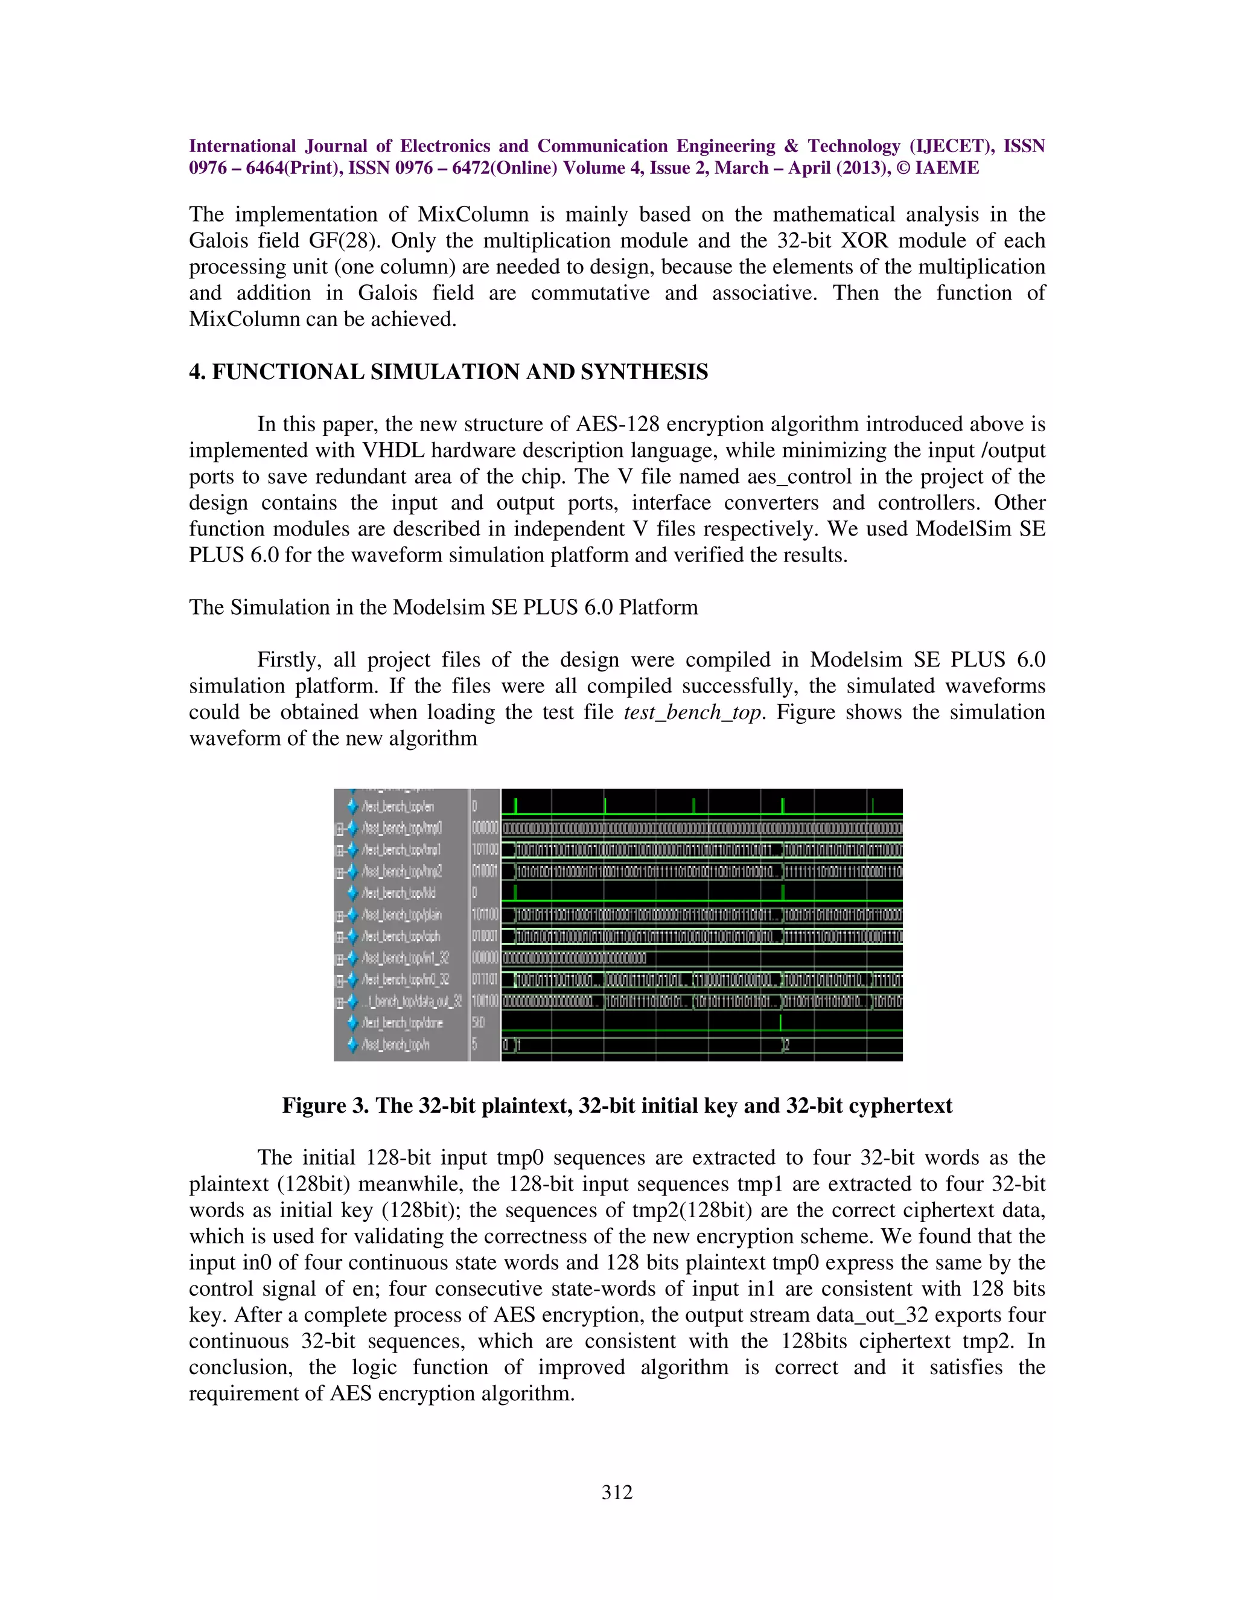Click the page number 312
617,1493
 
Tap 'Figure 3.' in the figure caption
326,1106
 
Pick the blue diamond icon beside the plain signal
352,915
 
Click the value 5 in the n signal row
474,1044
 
